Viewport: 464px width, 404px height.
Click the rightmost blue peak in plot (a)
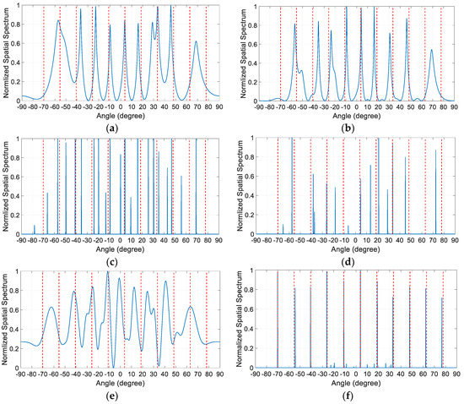tap(196, 41)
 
